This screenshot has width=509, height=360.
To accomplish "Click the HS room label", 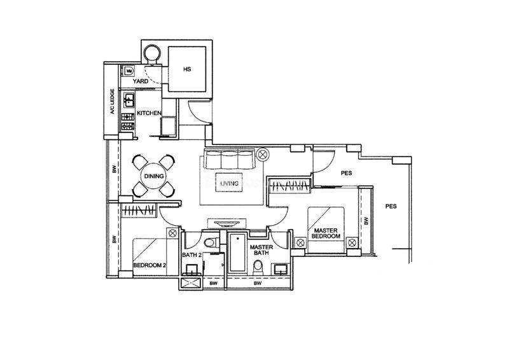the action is (187, 69).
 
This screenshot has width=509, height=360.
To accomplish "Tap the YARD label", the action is (141, 81).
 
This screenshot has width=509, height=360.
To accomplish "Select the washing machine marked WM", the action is (129, 71).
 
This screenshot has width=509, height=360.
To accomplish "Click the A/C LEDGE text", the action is (113, 102).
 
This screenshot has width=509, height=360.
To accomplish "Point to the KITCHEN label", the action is (149, 113).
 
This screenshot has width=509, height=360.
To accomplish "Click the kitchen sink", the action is (129, 100).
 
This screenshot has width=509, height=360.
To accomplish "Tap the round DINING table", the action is (154, 176).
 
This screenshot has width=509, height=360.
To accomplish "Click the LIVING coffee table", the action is (229, 183).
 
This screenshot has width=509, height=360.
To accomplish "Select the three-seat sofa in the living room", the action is (228, 159).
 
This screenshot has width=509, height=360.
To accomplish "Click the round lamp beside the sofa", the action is (262, 154).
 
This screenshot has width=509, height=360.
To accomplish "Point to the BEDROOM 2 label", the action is (150, 265).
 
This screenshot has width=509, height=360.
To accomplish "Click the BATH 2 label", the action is (192, 255).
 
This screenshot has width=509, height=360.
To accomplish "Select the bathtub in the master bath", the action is (237, 253).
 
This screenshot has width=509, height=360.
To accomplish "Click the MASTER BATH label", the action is (261, 249).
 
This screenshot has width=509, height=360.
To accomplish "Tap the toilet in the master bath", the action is (258, 267).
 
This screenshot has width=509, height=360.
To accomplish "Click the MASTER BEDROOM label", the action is (326, 233).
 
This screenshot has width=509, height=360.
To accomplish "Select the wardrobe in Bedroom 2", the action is (139, 210).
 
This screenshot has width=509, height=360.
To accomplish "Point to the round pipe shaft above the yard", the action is (151, 53).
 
